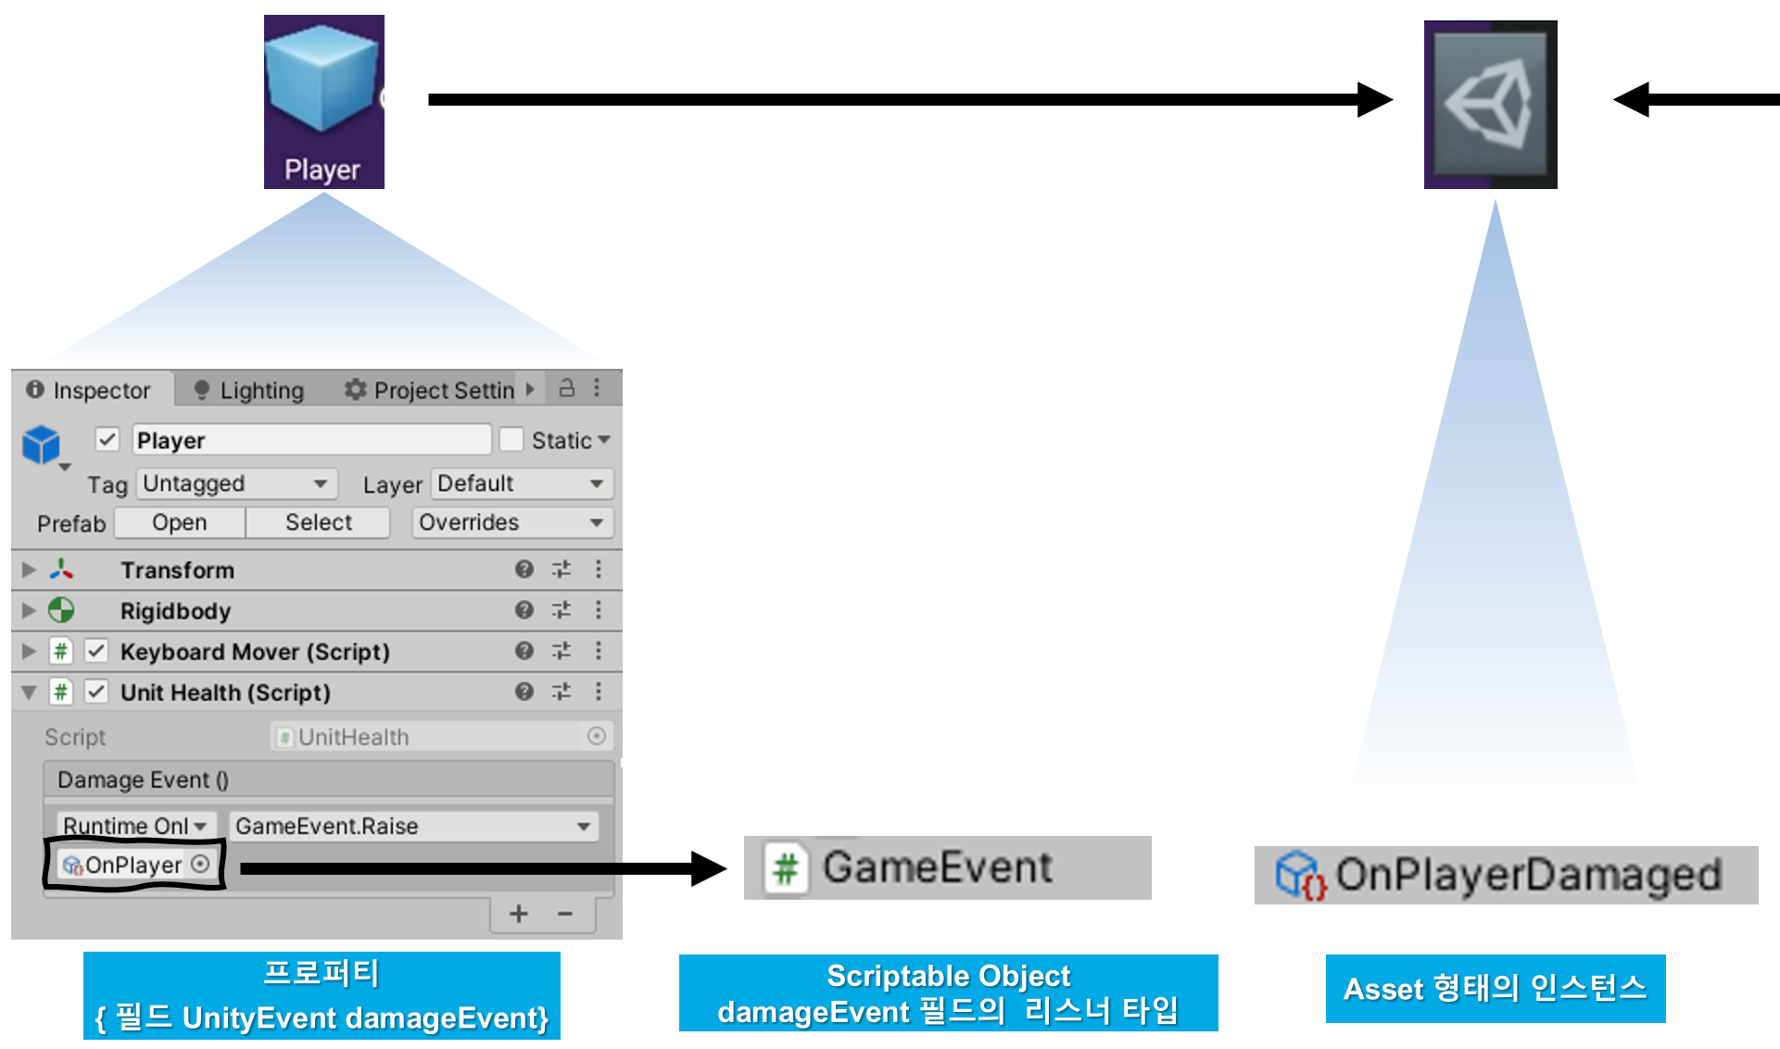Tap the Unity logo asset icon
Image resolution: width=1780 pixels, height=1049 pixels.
point(1490,104)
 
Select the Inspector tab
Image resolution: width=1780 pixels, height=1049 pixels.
point(91,390)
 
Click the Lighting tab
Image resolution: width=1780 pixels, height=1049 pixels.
point(250,390)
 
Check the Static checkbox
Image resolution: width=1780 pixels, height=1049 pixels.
point(511,439)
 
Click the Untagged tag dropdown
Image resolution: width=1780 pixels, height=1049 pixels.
point(236,484)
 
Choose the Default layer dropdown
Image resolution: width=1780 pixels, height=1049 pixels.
point(521,484)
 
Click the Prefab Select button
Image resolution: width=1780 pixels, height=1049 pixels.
point(318,523)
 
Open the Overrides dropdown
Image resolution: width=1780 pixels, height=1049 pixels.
point(511,523)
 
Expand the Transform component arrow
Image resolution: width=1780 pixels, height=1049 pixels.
point(29,569)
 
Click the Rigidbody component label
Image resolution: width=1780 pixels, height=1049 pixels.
point(175,611)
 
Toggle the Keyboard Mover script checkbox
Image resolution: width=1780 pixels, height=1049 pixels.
point(96,651)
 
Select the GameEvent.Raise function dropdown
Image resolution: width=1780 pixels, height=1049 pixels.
point(413,826)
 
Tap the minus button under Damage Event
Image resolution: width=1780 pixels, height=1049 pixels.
point(565,915)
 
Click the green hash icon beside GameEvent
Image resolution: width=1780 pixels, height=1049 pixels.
point(786,868)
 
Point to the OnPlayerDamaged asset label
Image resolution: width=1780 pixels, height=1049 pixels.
point(1527,875)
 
